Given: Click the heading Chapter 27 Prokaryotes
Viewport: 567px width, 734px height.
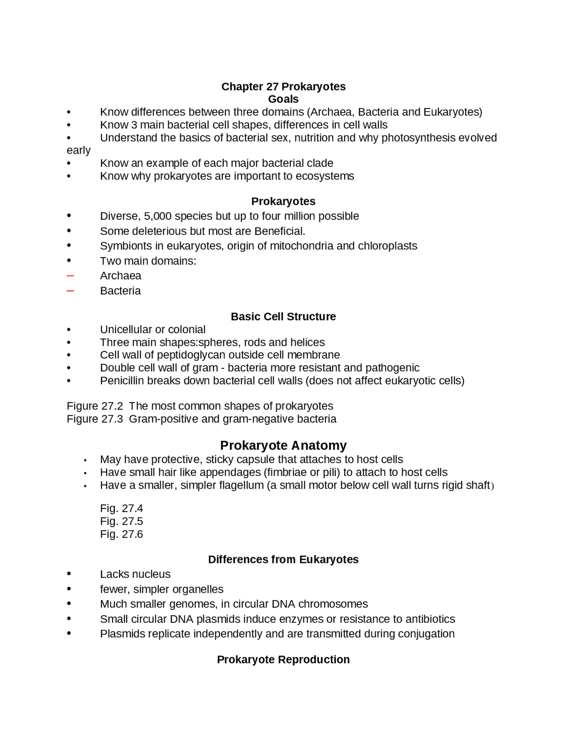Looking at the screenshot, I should click(283, 86).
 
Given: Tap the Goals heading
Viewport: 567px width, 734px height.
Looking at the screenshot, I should click(283, 99).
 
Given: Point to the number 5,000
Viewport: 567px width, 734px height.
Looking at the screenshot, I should click(158, 216).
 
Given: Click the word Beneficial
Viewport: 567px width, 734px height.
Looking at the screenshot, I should click(279, 231).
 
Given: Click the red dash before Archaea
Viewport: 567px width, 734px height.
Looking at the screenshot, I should click(70, 276).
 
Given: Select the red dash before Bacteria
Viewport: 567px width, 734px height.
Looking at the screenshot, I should click(70, 291).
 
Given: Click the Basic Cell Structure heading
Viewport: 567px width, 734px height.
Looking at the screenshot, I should click(283, 316).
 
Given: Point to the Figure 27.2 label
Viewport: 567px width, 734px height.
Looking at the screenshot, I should click(95, 406).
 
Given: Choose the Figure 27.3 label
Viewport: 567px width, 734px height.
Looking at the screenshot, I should click(95, 419).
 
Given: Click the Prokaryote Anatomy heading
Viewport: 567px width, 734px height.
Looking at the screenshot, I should click(283, 445).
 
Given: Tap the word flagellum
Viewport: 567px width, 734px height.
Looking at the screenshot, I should click(241, 485).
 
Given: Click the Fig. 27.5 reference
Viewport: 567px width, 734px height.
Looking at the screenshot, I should click(121, 521).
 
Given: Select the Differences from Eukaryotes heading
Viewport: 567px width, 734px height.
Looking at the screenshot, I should click(283, 559).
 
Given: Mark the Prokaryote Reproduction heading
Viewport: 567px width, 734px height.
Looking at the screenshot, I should click(283, 660).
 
